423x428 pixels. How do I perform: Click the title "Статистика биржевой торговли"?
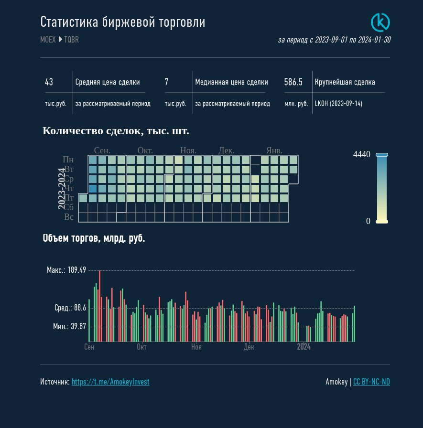pyautogui.click(x=123, y=22)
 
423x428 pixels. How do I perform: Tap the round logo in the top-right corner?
pyautogui.click(x=380, y=22)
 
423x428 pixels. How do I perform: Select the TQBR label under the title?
pyautogui.click(x=71, y=40)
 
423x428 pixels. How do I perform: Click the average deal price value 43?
pyautogui.click(x=49, y=82)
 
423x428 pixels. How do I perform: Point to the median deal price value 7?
pyautogui.click(x=166, y=82)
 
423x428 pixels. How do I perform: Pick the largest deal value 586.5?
pyautogui.click(x=293, y=82)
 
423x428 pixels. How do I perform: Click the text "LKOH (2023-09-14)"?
pyautogui.click(x=338, y=104)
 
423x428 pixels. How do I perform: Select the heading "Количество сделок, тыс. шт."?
pyautogui.click(x=116, y=131)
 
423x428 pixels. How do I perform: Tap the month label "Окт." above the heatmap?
pyautogui.click(x=145, y=150)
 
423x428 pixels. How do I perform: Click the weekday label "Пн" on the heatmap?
pyautogui.click(x=68, y=160)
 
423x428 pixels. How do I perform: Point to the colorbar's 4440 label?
pyautogui.click(x=361, y=154)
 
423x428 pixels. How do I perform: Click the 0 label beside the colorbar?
pyautogui.click(x=368, y=221)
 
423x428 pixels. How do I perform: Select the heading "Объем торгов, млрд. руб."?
pyautogui.click(x=94, y=238)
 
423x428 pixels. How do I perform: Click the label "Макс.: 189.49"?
pyautogui.click(x=66, y=270)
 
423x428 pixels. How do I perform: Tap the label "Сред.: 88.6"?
pyautogui.click(x=70, y=308)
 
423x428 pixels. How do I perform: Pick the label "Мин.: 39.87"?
pyautogui.click(x=69, y=327)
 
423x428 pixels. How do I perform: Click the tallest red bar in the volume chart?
pyautogui.click(x=99, y=306)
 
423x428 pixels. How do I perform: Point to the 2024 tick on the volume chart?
pyautogui.click(x=304, y=347)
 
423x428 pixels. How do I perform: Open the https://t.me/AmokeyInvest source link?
pyautogui.click(x=110, y=382)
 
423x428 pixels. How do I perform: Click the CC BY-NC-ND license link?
pyautogui.click(x=371, y=382)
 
